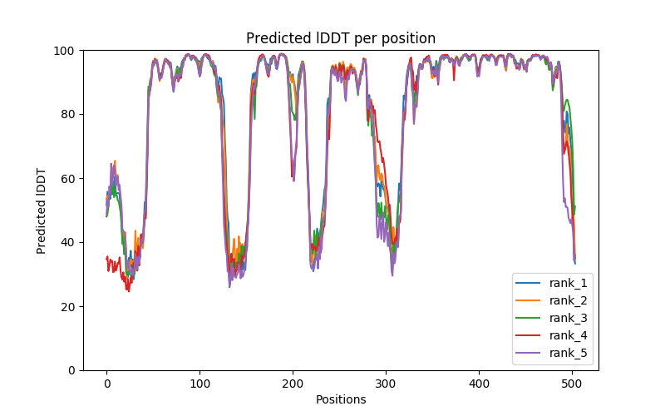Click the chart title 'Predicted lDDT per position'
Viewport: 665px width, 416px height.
pyautogui.click(x=341, y=38)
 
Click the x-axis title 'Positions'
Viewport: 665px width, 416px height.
pyautogui.click(x=341, y=399)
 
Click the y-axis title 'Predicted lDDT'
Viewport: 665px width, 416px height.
pyautogui.click(x=42, y=210)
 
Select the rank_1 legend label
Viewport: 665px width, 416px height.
pyautogui.click(x=568, y=283)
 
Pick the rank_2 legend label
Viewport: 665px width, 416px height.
pyautogui.click(x=568, y=300)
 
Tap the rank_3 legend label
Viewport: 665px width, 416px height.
pyautogui.click(x=568, y=318)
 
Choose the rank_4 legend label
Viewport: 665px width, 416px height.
pyautogui.click(x=568, y=335)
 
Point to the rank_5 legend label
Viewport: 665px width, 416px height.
pyautogui.click(x=568, y=353)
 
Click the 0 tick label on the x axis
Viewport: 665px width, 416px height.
pyautogui.click(x=106, y=384)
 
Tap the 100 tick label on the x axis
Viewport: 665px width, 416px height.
pyautogui.click(x=199, y=384)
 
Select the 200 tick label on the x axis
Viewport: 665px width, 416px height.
pyautogui.click(x=293, y=384)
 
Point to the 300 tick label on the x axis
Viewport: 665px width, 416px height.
pyautogui.click(x=386, y=384)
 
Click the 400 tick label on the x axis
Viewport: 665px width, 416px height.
pyautogui.click(x=479, y=384)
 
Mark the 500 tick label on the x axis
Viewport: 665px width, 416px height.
pyautogui.click(x=572, y=384)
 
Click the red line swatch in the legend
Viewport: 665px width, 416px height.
pyautogui.click(x=529, y=335)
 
